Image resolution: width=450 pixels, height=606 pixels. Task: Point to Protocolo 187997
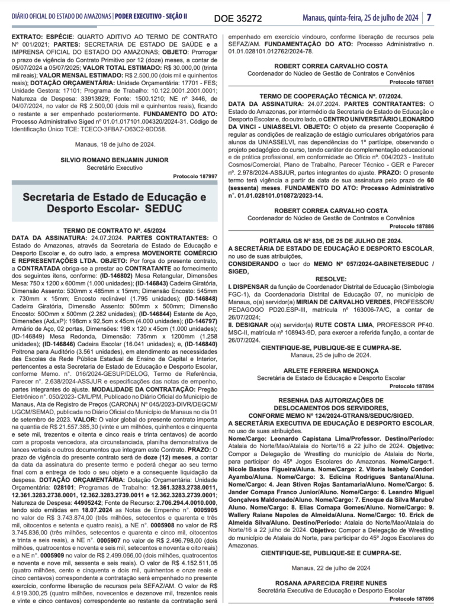pos(195,176)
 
